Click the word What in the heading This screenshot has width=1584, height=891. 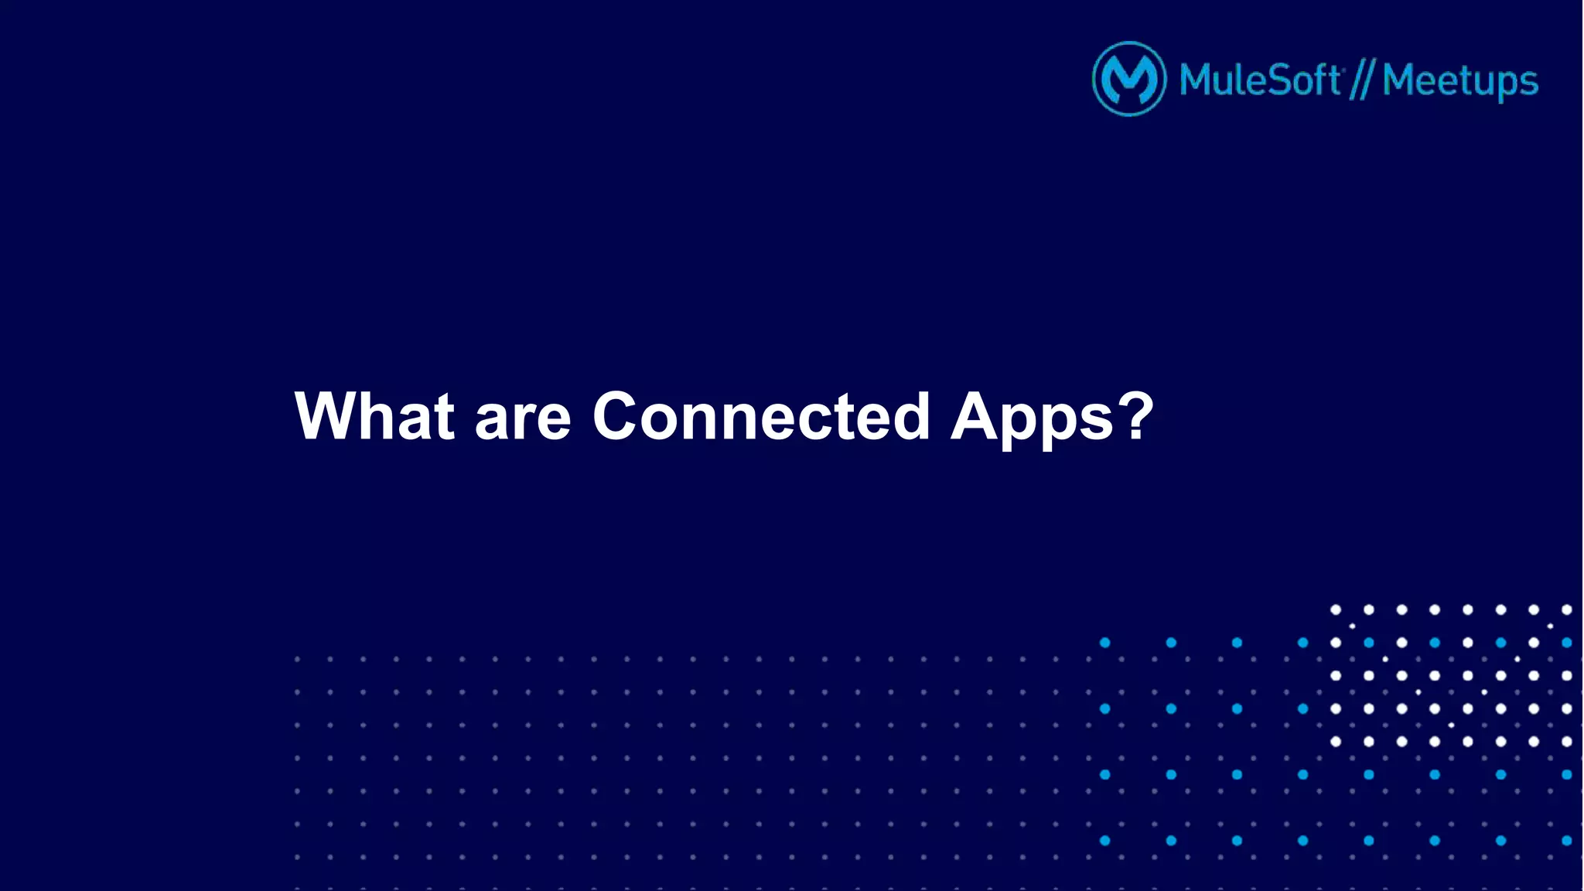point(374,417)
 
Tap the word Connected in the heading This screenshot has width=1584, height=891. point(761,417)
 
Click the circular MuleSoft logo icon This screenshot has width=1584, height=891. point(1129,79)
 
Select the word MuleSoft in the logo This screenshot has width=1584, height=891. point(1260,80)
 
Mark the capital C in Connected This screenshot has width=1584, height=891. point(620,417)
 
